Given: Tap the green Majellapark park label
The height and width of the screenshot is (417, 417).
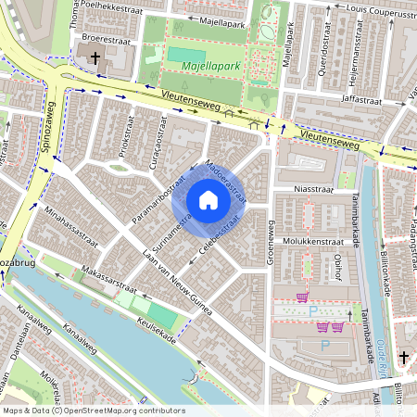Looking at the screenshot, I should coord(211,67).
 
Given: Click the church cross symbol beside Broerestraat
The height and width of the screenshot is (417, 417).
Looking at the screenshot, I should coord(95,58).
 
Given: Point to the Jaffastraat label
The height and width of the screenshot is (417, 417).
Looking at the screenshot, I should coord(361,96).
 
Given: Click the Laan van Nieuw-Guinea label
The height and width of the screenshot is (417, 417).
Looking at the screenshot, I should coord(176,282).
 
